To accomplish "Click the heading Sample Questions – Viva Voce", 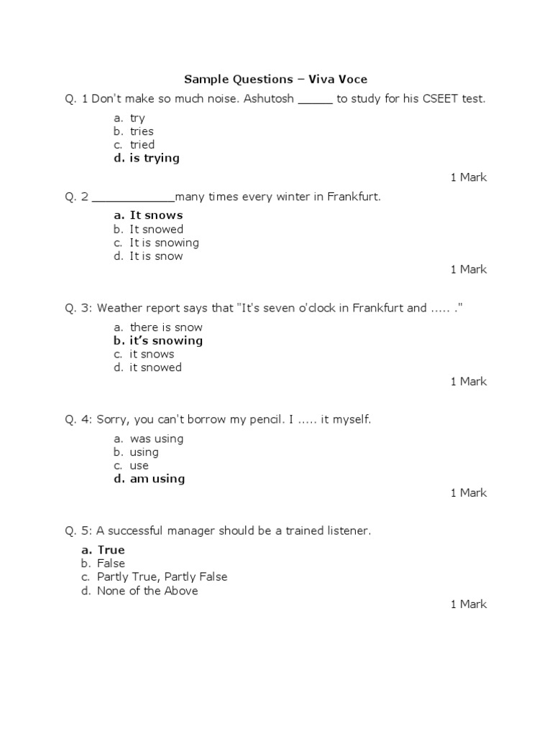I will [276, 79].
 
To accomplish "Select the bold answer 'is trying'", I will [154, 158].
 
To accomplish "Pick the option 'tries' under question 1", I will [142, 131].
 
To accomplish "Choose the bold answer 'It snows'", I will [156, 215].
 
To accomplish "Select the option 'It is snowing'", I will [164, 243].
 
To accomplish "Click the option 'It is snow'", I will [156, 256].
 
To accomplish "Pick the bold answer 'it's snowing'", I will [165, 341].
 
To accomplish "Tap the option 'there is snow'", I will [166, 327].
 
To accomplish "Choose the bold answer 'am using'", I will [157, 479].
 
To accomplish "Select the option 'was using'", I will [156, 439].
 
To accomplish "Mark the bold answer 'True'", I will [111, 551].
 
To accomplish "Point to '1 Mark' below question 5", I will [469, 604].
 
